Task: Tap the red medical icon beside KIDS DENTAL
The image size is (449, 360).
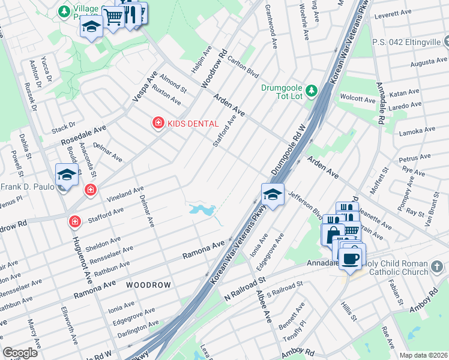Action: pos(158,123)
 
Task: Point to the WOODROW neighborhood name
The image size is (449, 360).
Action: pos(148,284)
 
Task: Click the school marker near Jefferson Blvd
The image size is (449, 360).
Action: pos(272,194)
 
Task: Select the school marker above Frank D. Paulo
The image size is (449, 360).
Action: pos(67,175)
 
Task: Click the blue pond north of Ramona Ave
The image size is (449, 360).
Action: pos(202,210)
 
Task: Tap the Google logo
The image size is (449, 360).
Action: pos(20,353)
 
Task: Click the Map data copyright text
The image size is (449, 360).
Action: pos(423,355)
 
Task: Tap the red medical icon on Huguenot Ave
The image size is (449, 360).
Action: pos(75,222)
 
